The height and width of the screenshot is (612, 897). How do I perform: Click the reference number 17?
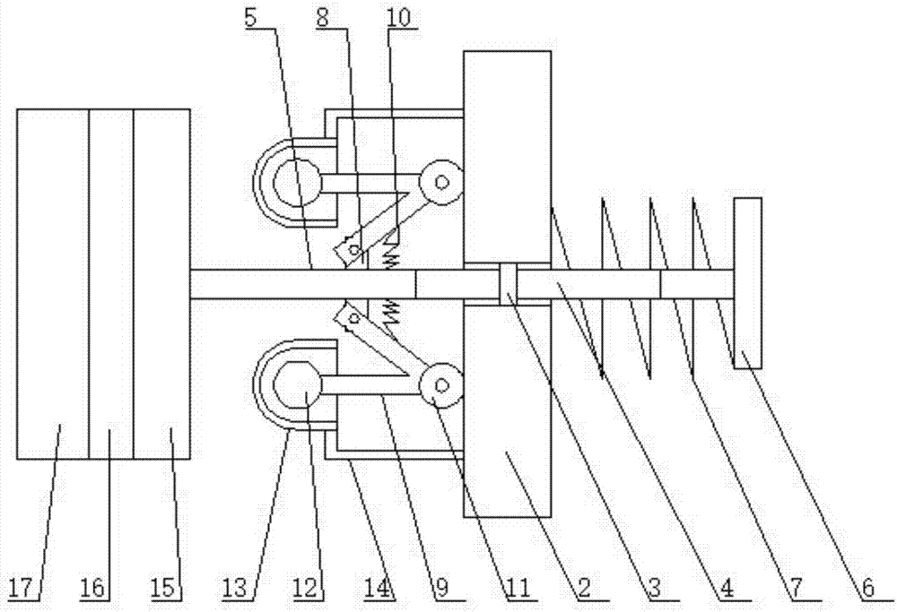pyautogui.click(x=22, y=587)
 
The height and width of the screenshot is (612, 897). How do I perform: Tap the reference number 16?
pyautogui.click(x=92, y=587)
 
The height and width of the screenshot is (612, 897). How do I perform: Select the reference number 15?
pyautogui.click(x=163, y=587)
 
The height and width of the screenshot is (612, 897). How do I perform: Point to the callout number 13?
pyautogui.click(x=235, y=587)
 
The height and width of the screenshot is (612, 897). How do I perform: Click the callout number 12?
pyautogui.click(x=305, y=587)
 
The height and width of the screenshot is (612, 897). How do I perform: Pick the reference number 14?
pyautogui.click(x=378, y=587)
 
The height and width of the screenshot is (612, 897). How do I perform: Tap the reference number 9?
pyautogui.click(x=442, y=587)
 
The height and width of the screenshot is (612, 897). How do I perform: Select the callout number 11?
pyautogui.click(x=518, y=587)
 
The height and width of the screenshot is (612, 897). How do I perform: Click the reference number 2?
pyautogui.click(x=584, y=587)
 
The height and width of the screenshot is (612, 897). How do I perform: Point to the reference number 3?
pyautogui.click(x=655, y=587)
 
